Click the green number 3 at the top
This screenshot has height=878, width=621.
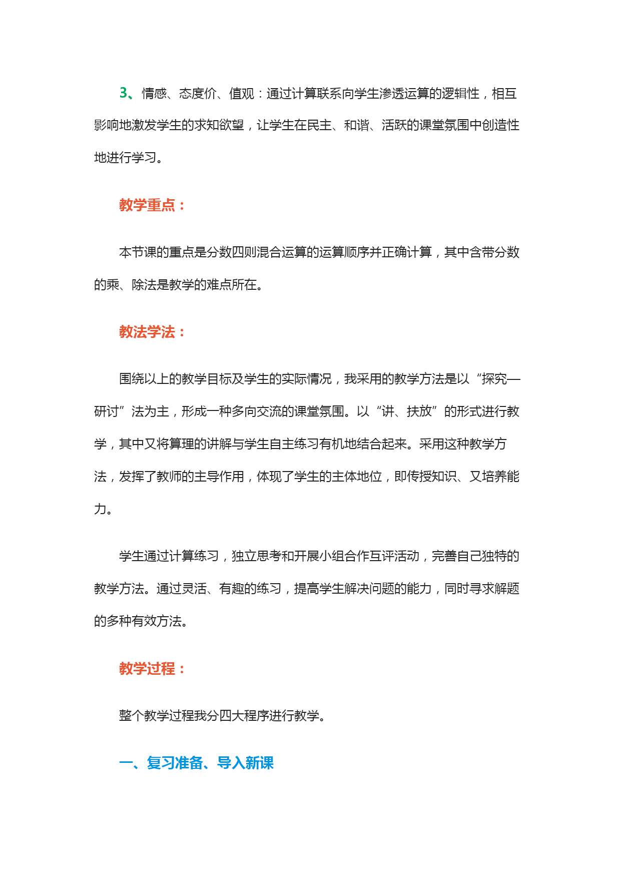pyautogui.click(x=124, y=93)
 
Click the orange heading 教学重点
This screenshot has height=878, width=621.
pyautogui.click(x=147, y=205)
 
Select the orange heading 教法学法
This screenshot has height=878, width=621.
pyautogui.click(x=147, y=332)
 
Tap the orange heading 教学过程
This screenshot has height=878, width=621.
pyautogui.click(x=147, y=668)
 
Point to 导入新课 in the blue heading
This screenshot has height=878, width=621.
pyautogui.click(x=245, y=763)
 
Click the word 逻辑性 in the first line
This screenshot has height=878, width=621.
pyautogui.click(x=460, y=94)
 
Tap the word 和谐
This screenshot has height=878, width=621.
pyautogui.click(x=357, y=125)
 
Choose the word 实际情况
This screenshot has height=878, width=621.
pyautogui.click(x=307, y=379)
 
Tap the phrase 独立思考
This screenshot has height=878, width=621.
pyautogui.click(x=257, y=556)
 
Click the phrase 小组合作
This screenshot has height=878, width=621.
pyautogui.click(x=344, y=556)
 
